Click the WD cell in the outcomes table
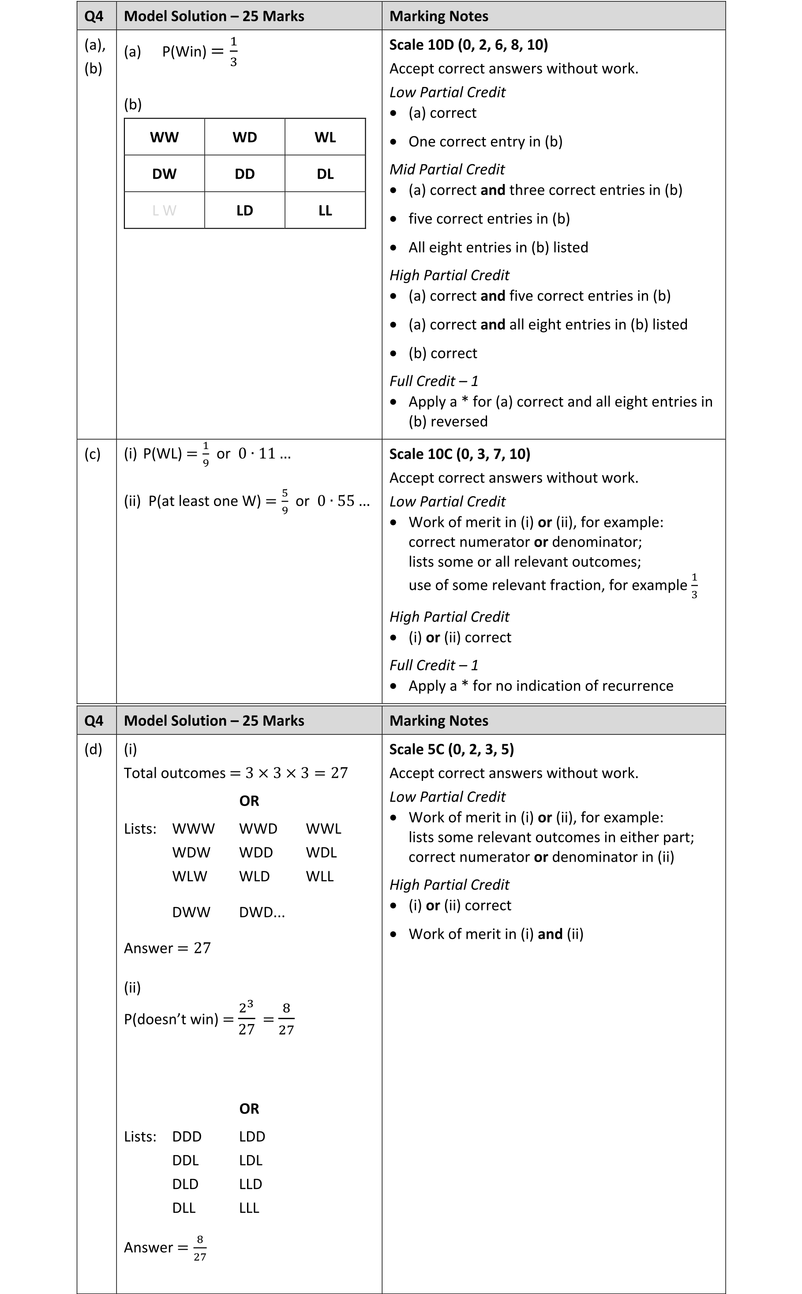coord(244,137)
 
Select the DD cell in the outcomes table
coord(244,174)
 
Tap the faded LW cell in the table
coord(165,210)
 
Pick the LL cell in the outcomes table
coord(325,210)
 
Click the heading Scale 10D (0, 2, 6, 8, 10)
coord(468,45)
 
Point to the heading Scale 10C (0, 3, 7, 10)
coord(459,454)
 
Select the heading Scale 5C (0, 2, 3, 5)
coord(451,749)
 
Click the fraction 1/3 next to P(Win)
coord(233,52)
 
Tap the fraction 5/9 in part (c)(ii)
coord(285,501)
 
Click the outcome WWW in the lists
coord(194,829)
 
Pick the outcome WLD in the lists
coord(254,877)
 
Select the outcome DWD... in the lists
coord(262,913)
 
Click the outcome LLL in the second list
coord(249,1208)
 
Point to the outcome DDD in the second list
coord(187,1136)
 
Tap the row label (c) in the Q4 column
coord(92,454)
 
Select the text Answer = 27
coord(167,948)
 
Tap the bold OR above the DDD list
coord(249,1109)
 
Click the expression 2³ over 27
coord(246,1019)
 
